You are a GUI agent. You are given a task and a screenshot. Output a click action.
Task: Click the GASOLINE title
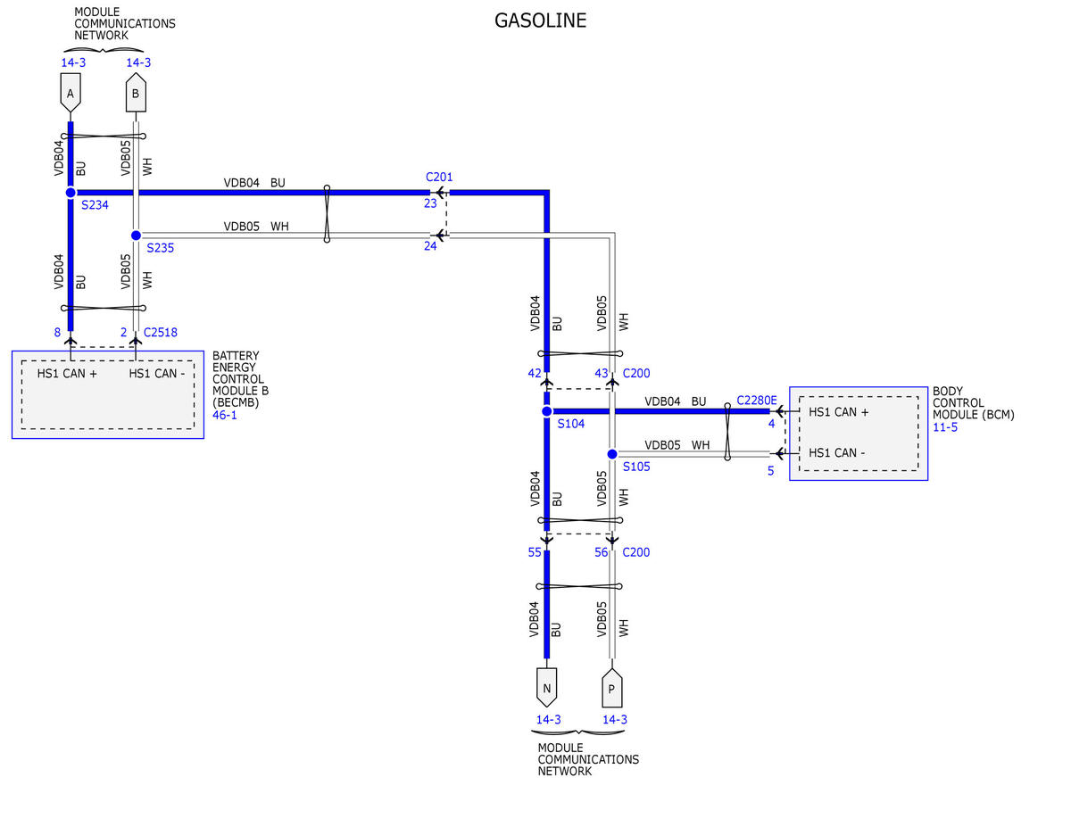click(x=540, y=21)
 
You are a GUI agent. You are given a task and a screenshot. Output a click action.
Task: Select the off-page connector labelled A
click(x=71, y=93)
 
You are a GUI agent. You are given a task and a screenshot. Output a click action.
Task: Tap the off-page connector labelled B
click(x=136, y=93)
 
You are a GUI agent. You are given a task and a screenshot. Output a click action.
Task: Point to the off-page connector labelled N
click(x=546, y=687)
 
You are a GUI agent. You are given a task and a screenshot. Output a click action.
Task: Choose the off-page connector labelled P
click(x=611, y=688)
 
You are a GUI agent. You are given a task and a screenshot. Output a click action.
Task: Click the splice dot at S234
click(x=71, y=193)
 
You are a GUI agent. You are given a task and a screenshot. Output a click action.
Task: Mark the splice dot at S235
click(x=136, y=236)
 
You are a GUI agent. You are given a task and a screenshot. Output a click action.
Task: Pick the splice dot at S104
click(x=546, y=411)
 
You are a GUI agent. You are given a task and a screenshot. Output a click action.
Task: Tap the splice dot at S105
click(x=612, y=454)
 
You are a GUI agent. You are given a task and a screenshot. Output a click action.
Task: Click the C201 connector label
click(x=438, y=177)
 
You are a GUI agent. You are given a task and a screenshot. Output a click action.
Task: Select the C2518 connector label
click(x=160, y=333)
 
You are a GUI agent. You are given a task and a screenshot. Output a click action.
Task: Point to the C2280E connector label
click(x=756, y=401)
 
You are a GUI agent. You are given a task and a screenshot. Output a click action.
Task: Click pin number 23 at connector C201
click(x=430, y=203)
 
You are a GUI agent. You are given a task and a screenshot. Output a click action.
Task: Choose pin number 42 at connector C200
click(x=535, y=374)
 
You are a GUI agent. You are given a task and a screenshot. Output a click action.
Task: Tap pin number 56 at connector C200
click(x=601, y=552)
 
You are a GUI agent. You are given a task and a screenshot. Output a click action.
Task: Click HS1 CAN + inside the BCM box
click(x=838, y=412)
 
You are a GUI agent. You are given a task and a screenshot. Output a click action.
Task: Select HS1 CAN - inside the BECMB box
click(x=157, y=374)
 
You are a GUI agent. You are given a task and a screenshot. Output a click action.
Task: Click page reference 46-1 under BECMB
click(x=224, y=415)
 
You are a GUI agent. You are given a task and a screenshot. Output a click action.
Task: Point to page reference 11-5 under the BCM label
click(x=945, y=427)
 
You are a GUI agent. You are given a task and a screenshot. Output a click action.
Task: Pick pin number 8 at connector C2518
click(x=57, y=333)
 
